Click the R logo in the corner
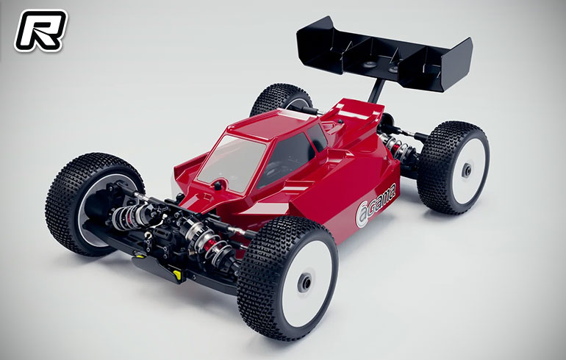[40, 30]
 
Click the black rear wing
[384, 54]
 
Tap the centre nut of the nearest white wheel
[305, 282]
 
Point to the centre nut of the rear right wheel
[466, 170]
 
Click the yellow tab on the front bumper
[177, 275]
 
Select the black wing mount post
[376, 90]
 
